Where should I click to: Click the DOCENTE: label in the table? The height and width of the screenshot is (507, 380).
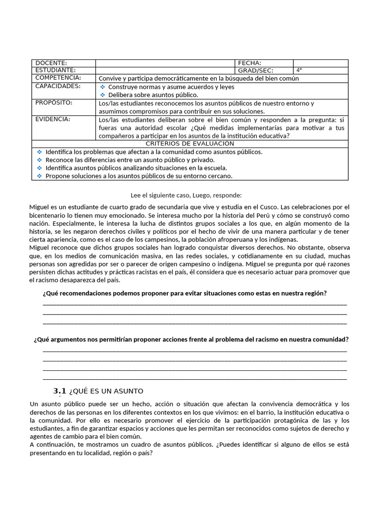51,63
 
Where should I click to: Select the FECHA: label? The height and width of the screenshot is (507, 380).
250,63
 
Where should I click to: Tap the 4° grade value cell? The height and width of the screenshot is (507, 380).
300,70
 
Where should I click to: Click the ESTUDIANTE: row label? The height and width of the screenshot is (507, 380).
55,70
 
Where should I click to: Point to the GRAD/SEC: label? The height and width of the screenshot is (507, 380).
255,70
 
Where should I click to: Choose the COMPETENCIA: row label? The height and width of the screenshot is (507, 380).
58,78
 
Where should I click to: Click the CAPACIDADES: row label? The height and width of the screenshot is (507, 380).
58,86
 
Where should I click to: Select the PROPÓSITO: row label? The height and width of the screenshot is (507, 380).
54,102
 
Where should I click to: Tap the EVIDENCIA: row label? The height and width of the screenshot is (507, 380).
53,119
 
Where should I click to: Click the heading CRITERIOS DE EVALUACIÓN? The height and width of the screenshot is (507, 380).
190,143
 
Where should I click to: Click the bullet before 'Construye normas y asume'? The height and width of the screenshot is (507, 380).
103,87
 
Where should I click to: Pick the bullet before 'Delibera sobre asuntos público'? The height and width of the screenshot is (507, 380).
103,95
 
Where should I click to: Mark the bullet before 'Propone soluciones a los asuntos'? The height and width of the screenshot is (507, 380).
40,176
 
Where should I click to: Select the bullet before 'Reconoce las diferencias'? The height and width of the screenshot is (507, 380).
40,160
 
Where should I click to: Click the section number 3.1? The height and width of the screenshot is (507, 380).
59,391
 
